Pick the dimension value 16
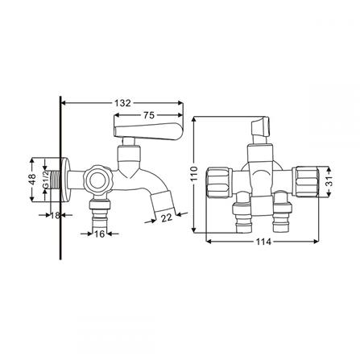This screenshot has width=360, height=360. point(97,234)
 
